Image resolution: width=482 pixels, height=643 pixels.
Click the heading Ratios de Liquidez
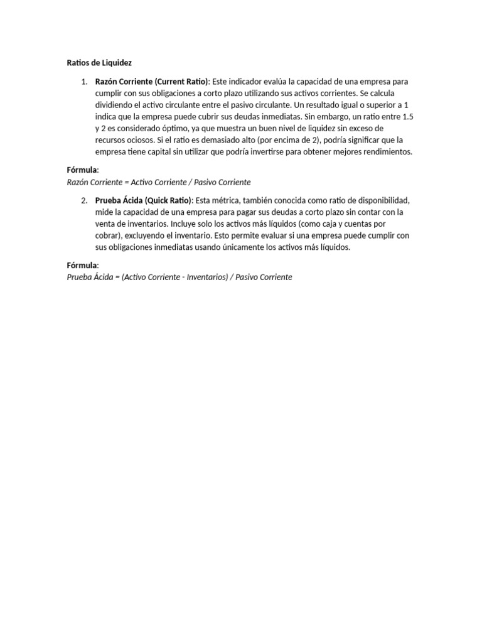(99, 63)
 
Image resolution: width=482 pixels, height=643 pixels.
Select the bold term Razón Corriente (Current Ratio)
(152, 82)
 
